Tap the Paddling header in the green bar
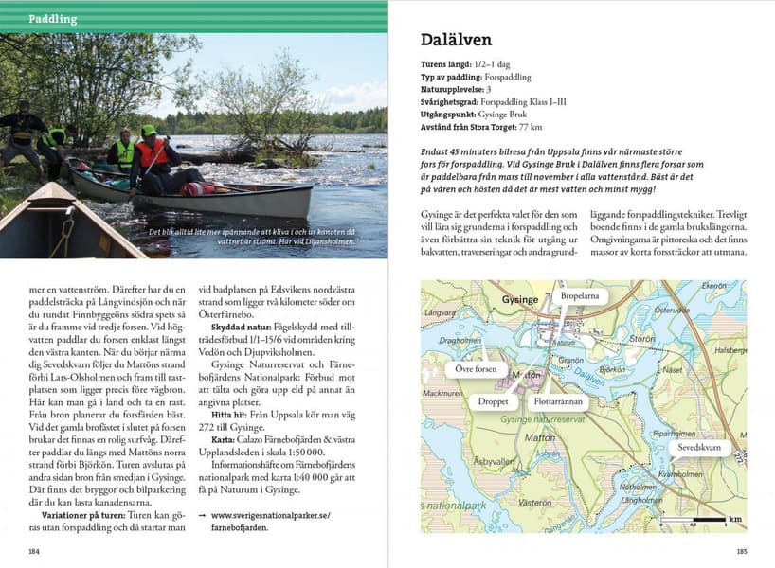pos(53,19)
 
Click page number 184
pos(34,549)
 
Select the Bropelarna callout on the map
pos(583,296)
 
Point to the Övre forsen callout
pos(471,369)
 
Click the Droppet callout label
pos(493,400)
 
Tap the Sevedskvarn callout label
pos(699,447)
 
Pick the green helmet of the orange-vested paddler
pos(149,131)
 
